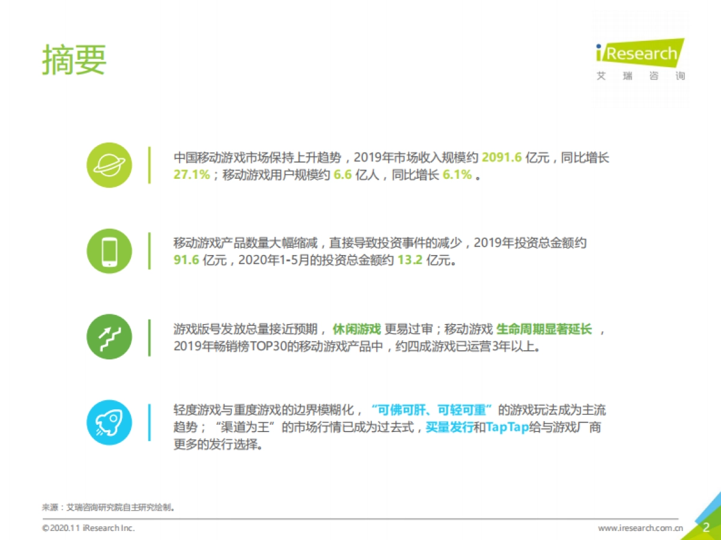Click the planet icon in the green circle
(109, 165)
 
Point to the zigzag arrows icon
(109, 337)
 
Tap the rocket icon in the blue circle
(109, 422)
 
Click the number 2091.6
(502, 158)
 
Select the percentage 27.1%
(192, 176)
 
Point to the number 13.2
(409, 261)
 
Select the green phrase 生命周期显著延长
(544, 329)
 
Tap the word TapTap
(505, 428)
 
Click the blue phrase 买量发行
(449, 428)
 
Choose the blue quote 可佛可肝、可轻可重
(433, 410)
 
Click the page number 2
(707, 527)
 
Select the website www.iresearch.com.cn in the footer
(640, 528)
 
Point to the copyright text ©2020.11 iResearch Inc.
(88, 528)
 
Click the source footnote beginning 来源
(108, 508)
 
